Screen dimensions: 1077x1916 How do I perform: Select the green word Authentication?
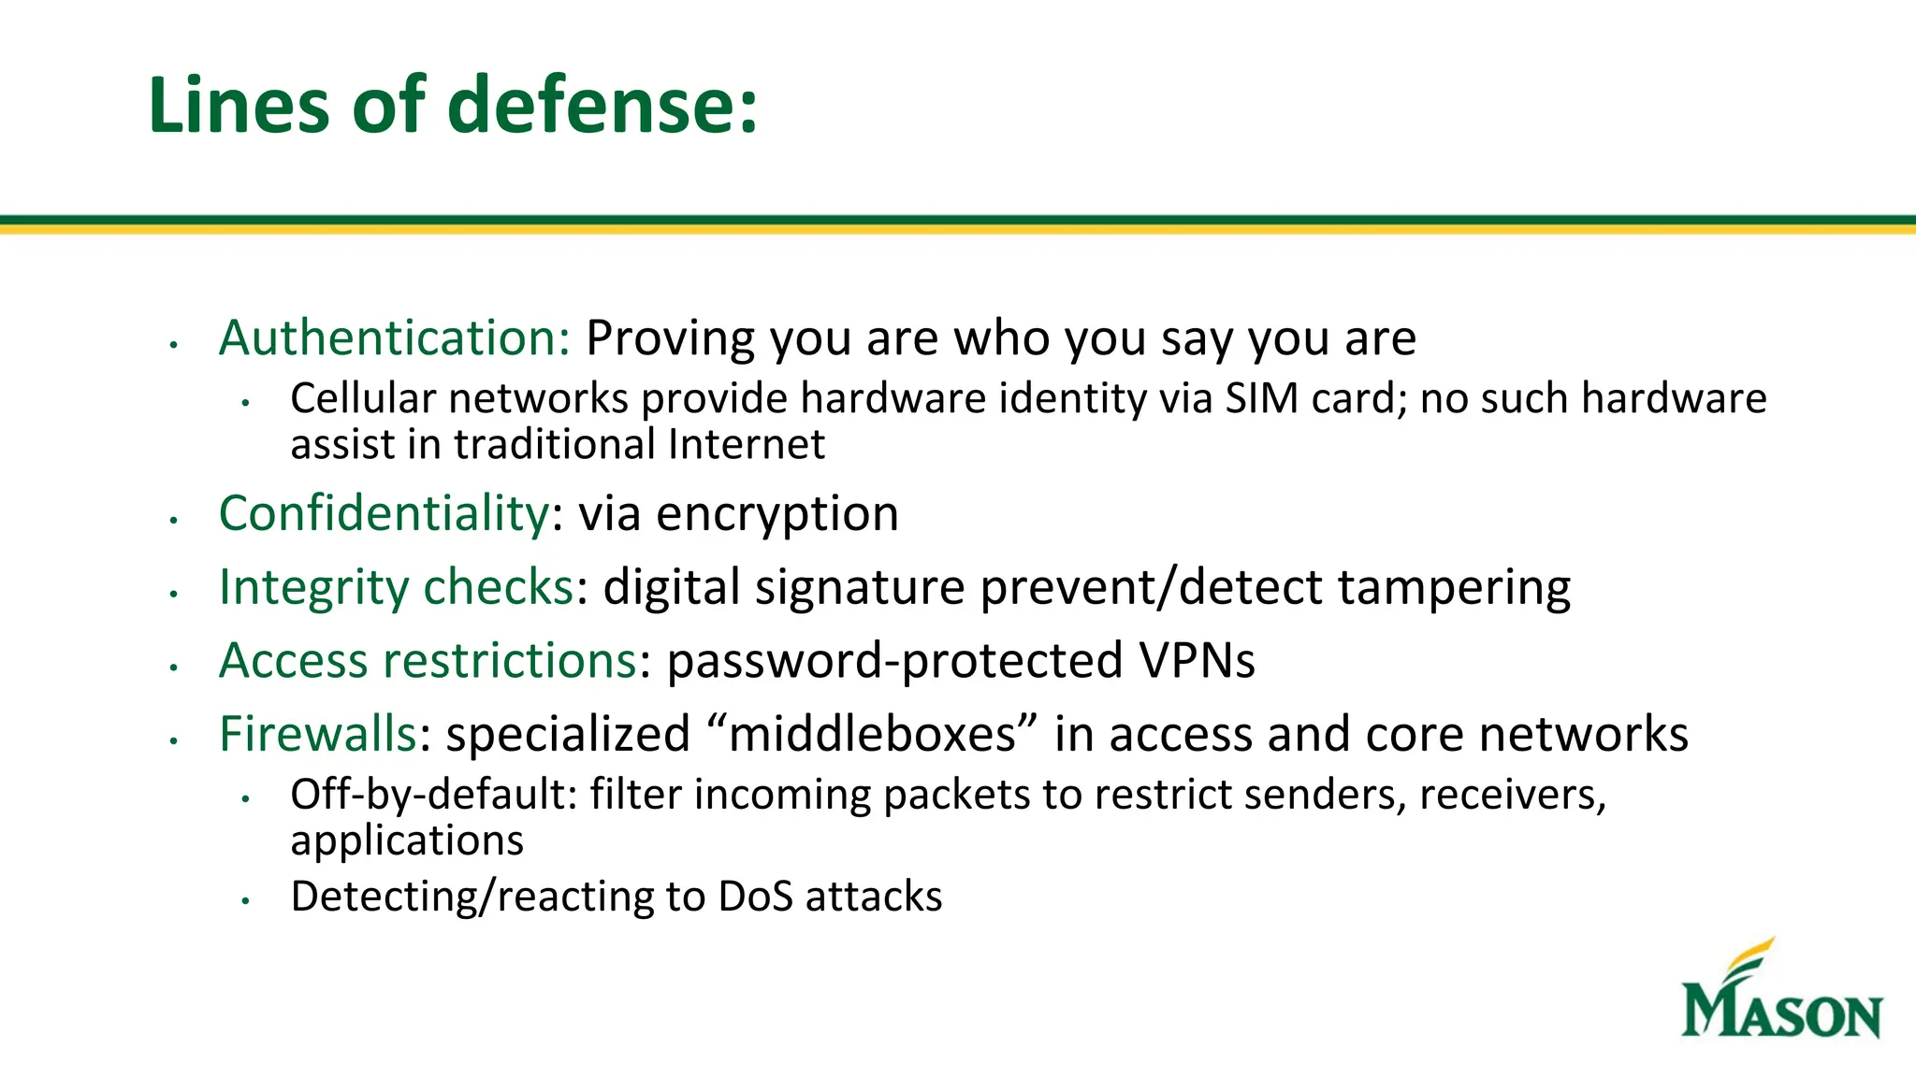(394, 337)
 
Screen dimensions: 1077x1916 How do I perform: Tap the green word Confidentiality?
(384, 513)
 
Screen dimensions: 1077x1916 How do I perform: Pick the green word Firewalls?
(317, 734)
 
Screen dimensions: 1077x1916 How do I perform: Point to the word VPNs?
(1197, 661)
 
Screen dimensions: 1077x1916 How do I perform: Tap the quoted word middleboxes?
(872, 734)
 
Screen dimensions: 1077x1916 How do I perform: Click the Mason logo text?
(1781, 1012)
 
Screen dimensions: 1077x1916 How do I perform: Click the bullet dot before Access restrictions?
(174, 667)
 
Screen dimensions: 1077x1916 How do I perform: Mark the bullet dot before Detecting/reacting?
(246, 901)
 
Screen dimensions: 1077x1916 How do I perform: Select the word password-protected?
(893, 661)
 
